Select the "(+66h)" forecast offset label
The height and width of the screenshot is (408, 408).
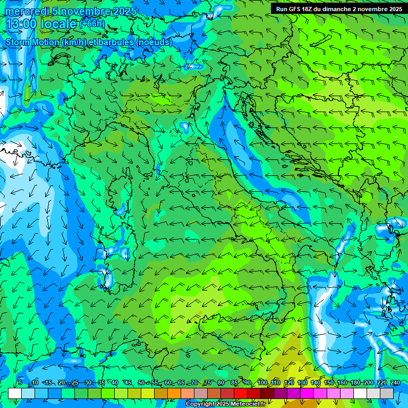pos(92,24)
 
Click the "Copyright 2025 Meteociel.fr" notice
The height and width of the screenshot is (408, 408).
pos(225,404)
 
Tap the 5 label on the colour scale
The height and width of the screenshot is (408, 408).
pos(20,382)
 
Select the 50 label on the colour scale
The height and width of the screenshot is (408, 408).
pos(141,382)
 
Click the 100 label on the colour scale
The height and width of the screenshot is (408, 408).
pos(262,382)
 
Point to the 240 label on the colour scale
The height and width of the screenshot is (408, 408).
pos(395,382)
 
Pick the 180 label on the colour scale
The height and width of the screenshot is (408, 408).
pos(355,382)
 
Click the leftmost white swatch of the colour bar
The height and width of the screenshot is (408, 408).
pos(15,393)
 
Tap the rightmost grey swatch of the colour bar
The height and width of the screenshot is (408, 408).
pos(387,393)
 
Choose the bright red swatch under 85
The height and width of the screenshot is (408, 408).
pos(241,393)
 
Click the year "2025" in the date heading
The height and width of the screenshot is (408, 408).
pos(125,11)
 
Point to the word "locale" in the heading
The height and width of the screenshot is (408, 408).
pos(58,24)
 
